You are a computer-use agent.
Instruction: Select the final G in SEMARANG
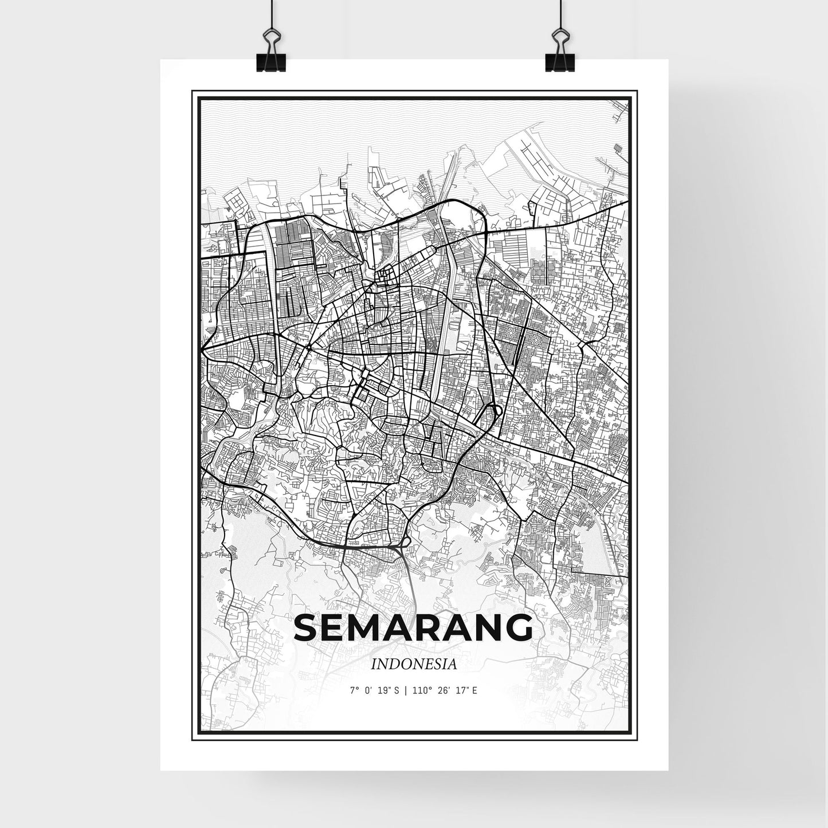[518, 629]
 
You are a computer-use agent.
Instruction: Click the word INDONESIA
[414, 664]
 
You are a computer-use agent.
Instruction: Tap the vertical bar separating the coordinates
[405, 690]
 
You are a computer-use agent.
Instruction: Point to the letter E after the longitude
[475, 690]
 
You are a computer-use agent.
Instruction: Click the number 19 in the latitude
[383, 690]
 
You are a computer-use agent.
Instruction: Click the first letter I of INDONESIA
[374, 664]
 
